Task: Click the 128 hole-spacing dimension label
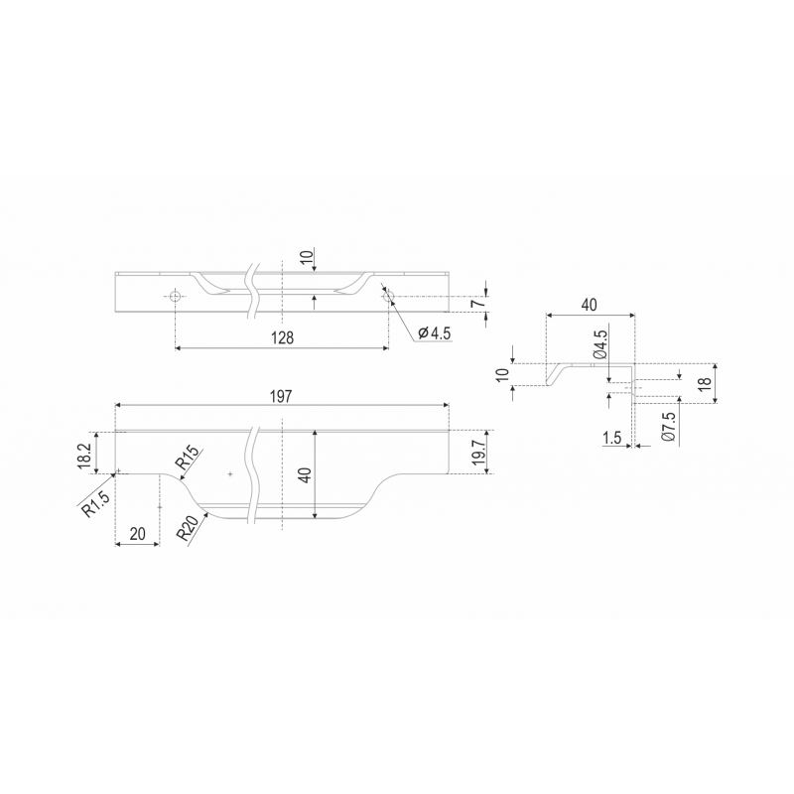click(283, 337)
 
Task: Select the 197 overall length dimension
click(281, 396)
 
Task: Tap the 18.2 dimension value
click(84, 456)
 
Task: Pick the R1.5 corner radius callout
click(95, 503)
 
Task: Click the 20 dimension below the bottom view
click(138, 533)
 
